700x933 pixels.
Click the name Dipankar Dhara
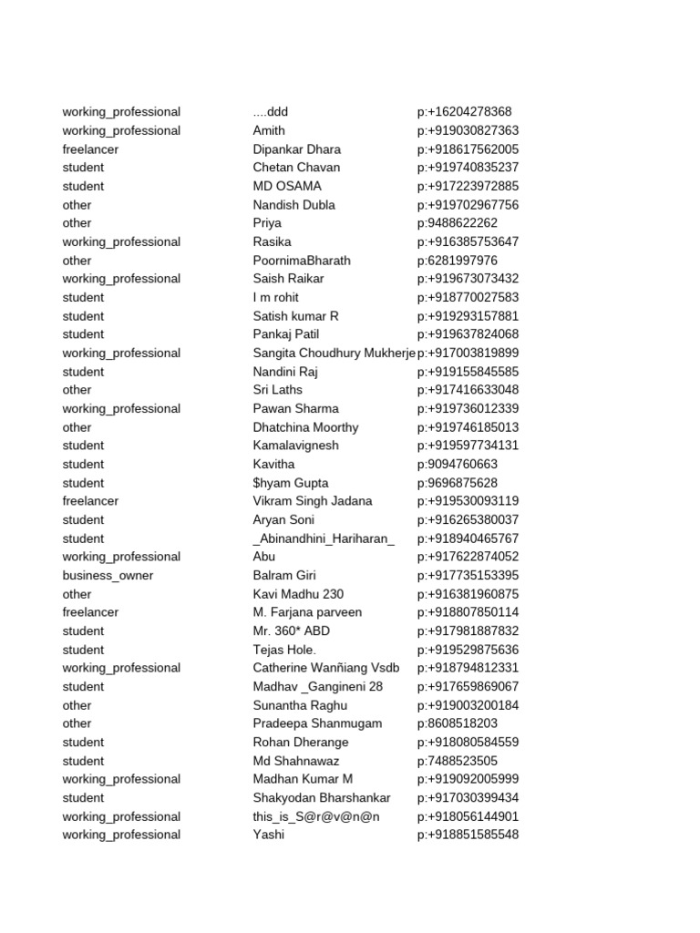click(x=297, y=149)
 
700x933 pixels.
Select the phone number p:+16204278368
click(x=465, y=112)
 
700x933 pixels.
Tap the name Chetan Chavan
click(x=296, y=168)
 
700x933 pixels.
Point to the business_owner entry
click(x=108, y=576)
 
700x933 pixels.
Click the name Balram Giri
click(x=284, y=576)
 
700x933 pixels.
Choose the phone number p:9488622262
click(x=458, y=223)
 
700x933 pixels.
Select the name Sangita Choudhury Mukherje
click(x=334, y=354)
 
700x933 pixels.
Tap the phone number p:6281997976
click(x=458, y=261)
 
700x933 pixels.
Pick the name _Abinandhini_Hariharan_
click(x=324, y=538)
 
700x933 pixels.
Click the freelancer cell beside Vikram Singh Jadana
click(x=90, y=501)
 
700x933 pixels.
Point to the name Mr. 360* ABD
click(x=292, y=631)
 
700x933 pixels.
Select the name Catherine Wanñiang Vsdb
click(x=326, y=668)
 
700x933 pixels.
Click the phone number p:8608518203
click(x=458, y=723)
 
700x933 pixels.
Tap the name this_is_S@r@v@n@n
click(x=316, y=816)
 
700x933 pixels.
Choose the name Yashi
click(x=269, y=835)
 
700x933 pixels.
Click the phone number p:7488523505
click(x=458, y=761)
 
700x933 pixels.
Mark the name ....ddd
click(x=271, y=112)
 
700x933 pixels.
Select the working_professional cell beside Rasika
click(x=121, y=242)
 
